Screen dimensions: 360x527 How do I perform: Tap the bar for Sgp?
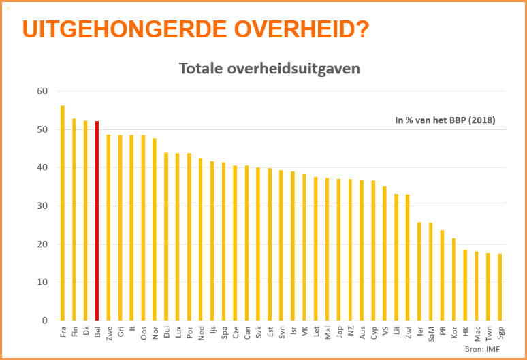(x=500, y=287)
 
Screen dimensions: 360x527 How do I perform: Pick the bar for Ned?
(x=201, y=239)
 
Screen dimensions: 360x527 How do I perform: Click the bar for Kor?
(x=454, y=279)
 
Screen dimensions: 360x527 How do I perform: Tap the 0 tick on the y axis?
(x=44, y=321)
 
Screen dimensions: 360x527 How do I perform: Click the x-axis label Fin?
(x=74, y=331)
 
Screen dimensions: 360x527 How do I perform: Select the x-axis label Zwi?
(x=408, y=332)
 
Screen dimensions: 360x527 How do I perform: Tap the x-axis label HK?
(x=466, y=330)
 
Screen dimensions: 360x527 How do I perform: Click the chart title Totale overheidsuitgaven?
(x=269, y=68)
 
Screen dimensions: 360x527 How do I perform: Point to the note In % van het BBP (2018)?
(x=445, y=120)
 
